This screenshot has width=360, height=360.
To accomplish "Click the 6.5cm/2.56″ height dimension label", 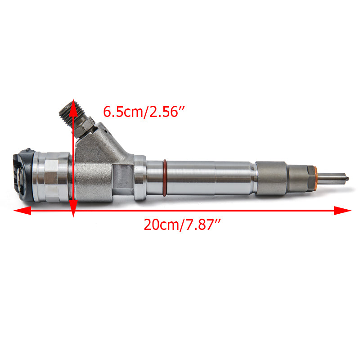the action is coord(144,112).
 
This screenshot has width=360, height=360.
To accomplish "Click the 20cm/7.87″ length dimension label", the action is coord(182,225).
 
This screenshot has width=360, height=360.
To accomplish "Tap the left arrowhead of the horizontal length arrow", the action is coord(22,210).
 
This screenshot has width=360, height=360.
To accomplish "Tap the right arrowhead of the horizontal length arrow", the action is coord(342,210).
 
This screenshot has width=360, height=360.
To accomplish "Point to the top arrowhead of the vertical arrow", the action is coord(73,108).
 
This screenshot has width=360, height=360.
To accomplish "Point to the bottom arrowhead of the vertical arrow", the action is coord(73,208).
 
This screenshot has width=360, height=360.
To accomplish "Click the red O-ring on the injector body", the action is coord(165,178).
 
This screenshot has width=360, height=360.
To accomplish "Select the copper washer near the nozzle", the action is coord(316,178).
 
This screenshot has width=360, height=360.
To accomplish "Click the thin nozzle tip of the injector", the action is coord(333,178).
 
